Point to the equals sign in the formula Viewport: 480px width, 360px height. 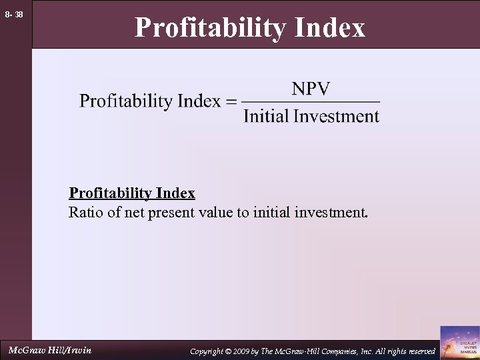[231, 102]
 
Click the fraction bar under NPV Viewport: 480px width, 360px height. [311, 102]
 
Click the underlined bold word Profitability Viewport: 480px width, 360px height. [110, 193]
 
